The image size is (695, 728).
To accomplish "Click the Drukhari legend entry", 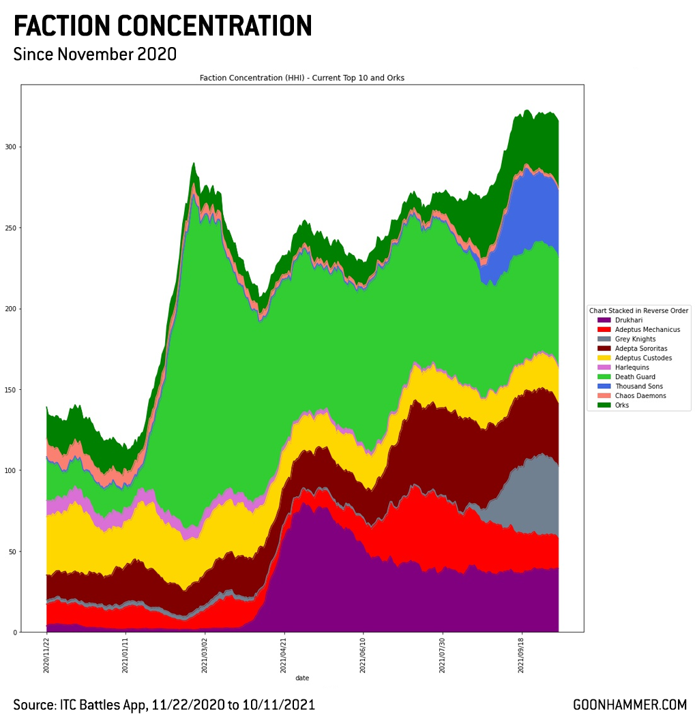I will tap(628, 320).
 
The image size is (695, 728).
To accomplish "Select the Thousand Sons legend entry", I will tap(638, 386).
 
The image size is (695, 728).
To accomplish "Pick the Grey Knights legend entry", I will tap(634, 339).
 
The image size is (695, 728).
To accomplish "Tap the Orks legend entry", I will tap(622, 405).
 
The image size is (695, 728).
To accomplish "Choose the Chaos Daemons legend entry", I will tap(640, 395).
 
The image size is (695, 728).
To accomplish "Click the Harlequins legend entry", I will tap(632, 367).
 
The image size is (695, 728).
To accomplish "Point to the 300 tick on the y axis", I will tap(10, 147).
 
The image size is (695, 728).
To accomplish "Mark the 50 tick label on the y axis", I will tap(12, 551).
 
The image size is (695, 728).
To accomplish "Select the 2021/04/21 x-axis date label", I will tap(284, 655).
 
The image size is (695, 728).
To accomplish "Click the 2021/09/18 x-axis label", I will tap(521, 655).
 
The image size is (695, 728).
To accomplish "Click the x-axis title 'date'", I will tap(302, 678).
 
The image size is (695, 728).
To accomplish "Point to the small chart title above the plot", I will tap(302, 78).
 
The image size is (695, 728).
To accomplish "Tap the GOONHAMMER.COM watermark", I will tap(629, 705).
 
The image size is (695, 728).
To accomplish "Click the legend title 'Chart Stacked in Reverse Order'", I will tap(638, 310).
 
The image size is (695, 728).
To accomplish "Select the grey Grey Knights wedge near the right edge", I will tap(532, 498).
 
